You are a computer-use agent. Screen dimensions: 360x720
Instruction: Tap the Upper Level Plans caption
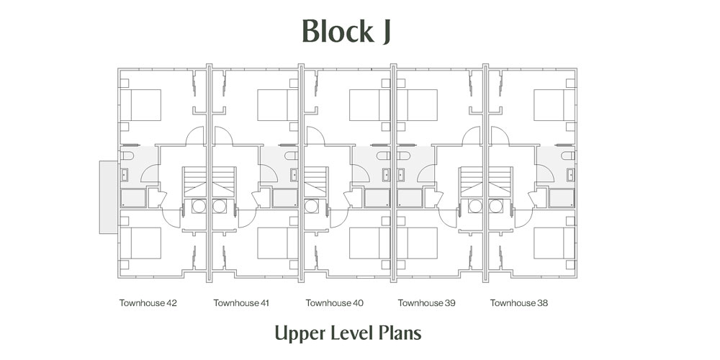(x=347, y=333)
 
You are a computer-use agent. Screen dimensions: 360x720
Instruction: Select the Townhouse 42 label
(x=148, y=303)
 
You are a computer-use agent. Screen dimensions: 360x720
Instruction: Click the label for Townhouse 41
(x=241, y=303)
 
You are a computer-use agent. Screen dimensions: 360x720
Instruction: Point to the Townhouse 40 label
(x=334, y=303)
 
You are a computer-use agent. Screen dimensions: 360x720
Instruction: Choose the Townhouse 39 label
(x=426, y=303)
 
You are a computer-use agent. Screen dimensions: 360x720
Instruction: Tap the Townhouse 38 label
(x=519, y=303)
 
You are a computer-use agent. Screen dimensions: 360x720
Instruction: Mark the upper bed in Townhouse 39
(x=417, y=104)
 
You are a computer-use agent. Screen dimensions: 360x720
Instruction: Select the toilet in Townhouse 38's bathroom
(x=568, y=156)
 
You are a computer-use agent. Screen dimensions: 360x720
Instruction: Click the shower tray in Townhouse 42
(x=132, y=197)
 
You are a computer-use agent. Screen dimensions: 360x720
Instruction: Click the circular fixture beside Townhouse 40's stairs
(x=312, y=206)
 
